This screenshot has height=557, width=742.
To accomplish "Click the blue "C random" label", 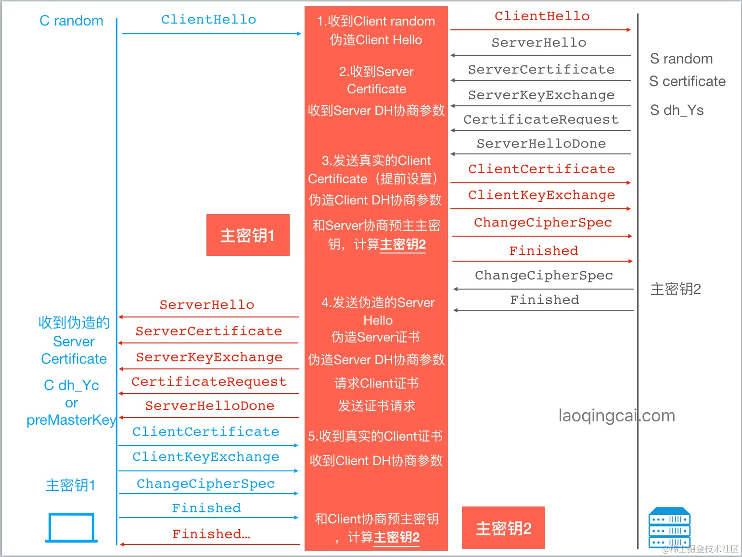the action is pos(71,21).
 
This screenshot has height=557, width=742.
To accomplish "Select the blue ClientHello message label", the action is pos(208,19).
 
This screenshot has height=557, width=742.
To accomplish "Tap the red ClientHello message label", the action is pos(542,16).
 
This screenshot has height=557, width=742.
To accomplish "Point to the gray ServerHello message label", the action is pos(538,42).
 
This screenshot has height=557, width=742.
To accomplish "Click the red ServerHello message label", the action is pos(207,304).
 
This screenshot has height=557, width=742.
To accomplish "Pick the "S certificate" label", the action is pos(687,81).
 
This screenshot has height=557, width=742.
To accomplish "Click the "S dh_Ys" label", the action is pos(677,110).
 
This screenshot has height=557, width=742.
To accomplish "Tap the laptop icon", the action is pos(71,528).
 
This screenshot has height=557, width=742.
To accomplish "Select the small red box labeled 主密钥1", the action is pos(248,235).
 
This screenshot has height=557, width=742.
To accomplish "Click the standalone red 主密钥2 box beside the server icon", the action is pos(503,528).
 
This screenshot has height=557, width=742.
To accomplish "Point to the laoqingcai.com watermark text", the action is pos(616,416).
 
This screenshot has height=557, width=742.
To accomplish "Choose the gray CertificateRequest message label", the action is pos(540,119).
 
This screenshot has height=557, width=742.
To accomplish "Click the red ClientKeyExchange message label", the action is pos(541,195).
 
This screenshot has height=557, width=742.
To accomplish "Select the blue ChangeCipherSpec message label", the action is pos(205,483).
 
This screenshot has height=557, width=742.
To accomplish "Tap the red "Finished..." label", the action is pos(211,534).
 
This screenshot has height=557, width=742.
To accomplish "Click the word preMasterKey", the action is pos(71,420).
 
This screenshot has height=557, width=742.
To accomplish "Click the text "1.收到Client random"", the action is pos(376,21).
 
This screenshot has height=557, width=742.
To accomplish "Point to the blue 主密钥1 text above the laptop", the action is pos(71,485).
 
